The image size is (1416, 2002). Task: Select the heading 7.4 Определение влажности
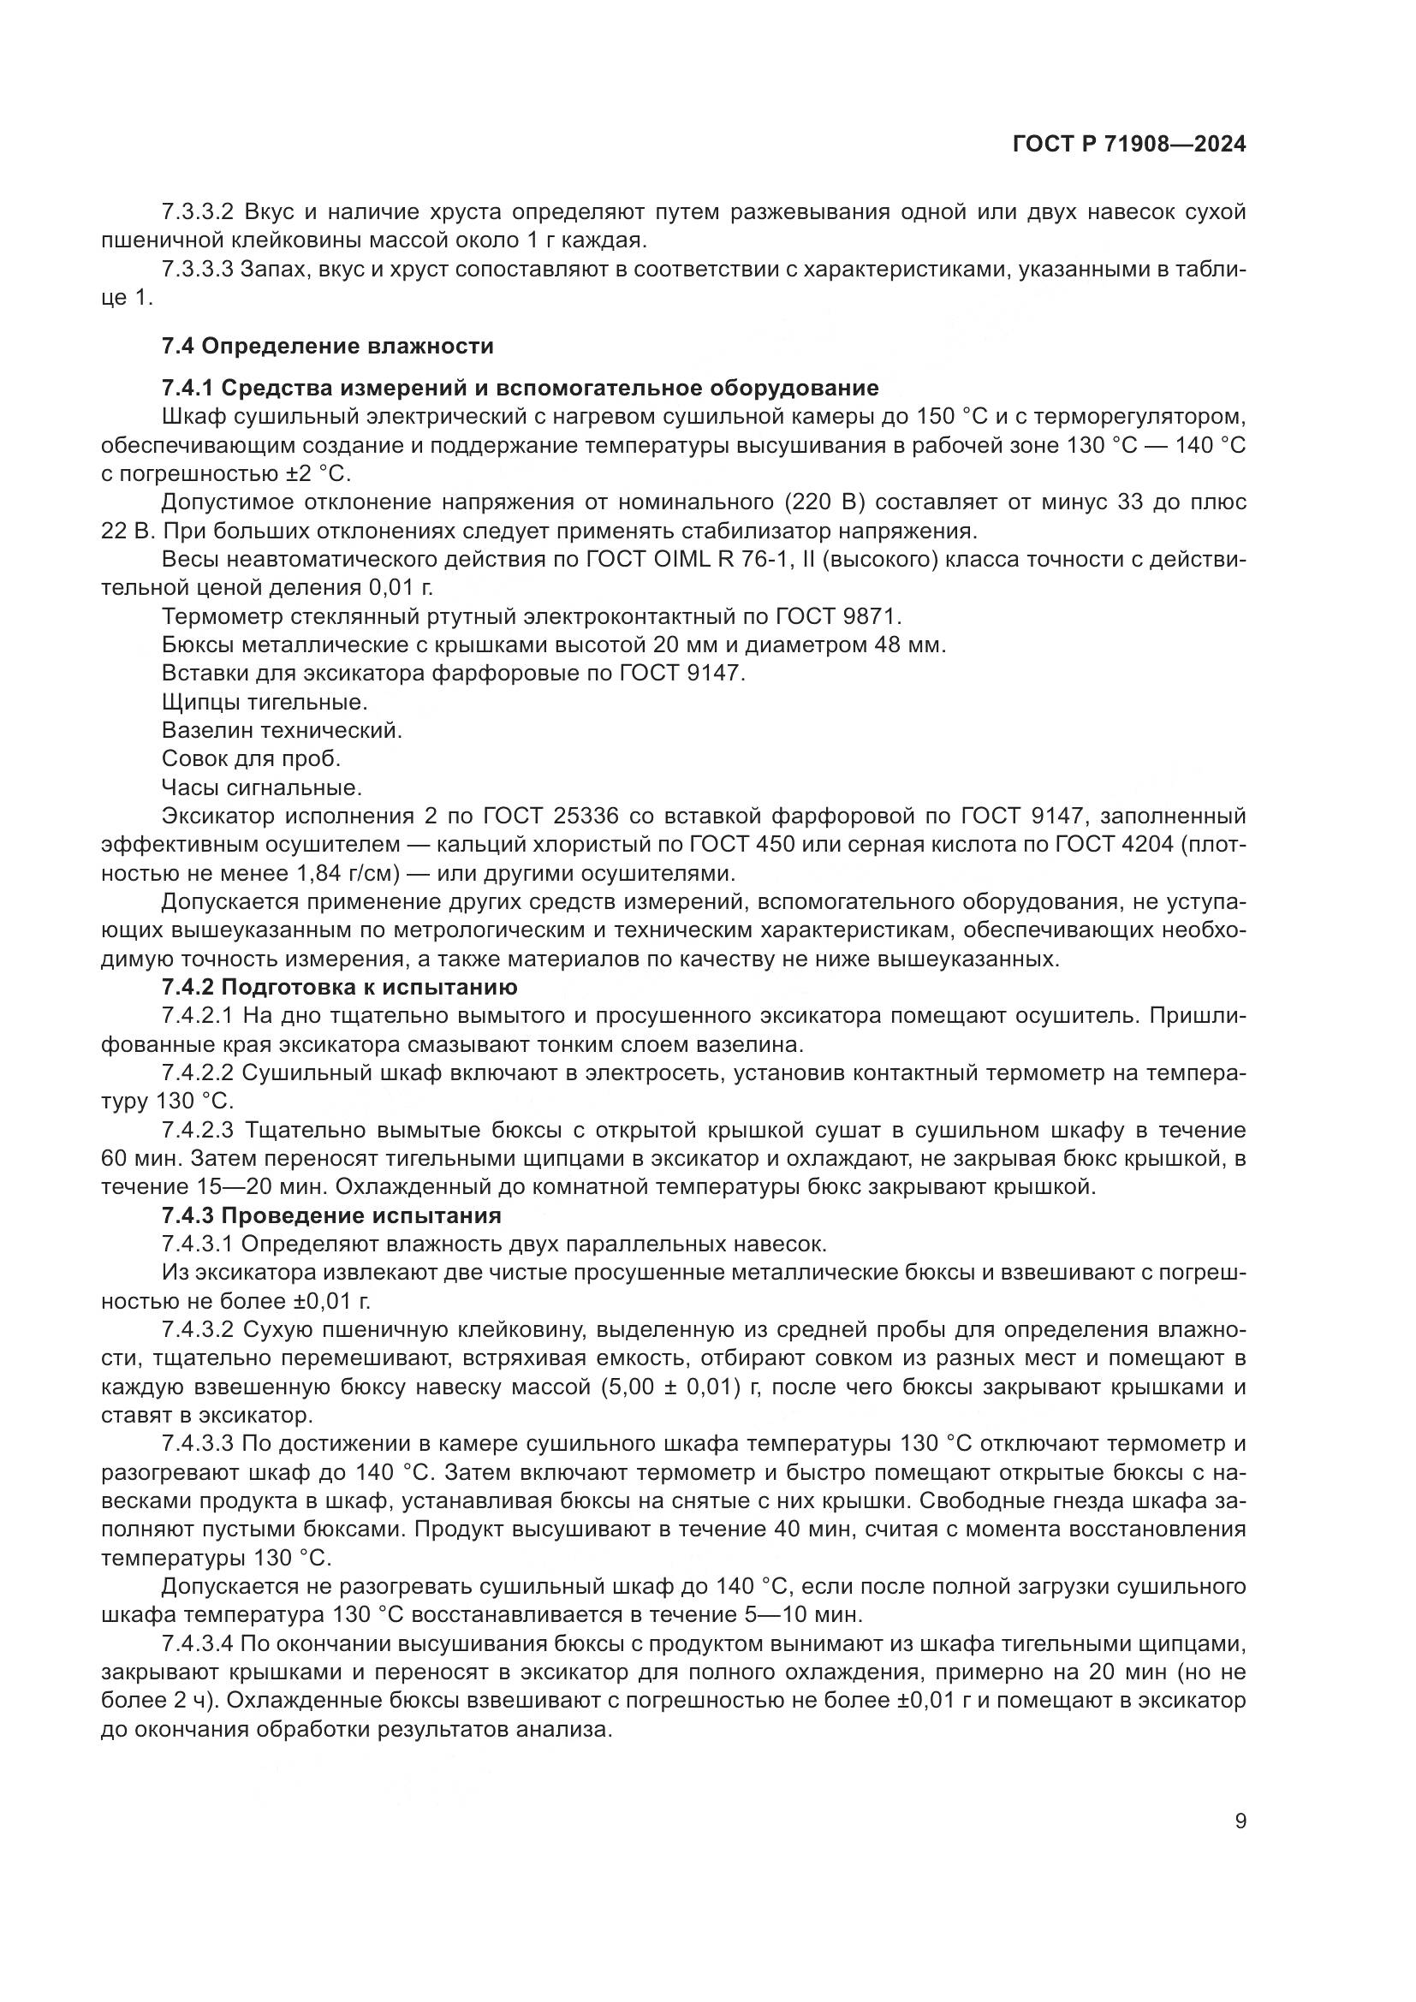click(x=327, y=346)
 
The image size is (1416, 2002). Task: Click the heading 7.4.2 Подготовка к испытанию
click(x=339, y=987)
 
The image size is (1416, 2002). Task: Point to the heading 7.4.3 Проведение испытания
click(x=331, y=1215)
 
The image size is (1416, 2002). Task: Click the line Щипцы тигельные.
click(x=265, y=702)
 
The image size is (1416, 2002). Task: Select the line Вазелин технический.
click(x=282, y=731)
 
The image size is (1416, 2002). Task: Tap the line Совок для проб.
click(x=251, y=758)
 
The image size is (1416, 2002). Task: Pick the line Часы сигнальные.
click(x=262, y=787)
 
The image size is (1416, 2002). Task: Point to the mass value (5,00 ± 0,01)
click(x=669, y=1387)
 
